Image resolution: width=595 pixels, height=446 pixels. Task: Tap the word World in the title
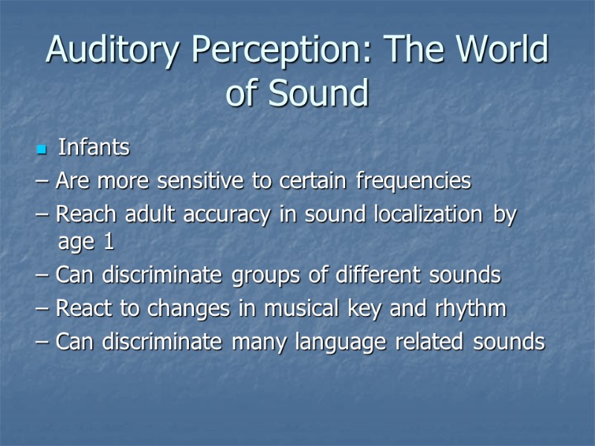(x=502, y=48)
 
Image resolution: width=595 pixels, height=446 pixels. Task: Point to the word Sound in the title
(x=318, y=92)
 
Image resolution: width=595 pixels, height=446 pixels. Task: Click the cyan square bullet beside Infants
(x=42, y=149)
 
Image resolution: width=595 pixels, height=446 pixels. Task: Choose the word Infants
(x=94, y=147)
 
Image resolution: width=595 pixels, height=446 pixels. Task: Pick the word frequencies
(x=414, y=181)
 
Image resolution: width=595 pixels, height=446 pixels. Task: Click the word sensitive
(x=200, y=181)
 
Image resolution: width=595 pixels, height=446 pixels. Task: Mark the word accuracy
(x=227, y=215)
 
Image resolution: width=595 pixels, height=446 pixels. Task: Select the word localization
(x=428, y=214)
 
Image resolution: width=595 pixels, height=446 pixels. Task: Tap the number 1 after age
(x=109, y=242)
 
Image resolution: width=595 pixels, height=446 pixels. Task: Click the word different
(x=378, y=274)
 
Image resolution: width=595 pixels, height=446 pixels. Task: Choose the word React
(x=84, y=308)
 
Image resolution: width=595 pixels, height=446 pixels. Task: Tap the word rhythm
(x=471, y=308)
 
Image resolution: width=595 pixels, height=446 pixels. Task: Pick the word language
(x=341, y=343)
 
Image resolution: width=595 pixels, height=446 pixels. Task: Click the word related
(x=429, y=341)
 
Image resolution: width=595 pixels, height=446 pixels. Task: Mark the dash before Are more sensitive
(x=42, y=181)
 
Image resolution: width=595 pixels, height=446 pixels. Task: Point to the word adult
(x=150, y=214)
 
